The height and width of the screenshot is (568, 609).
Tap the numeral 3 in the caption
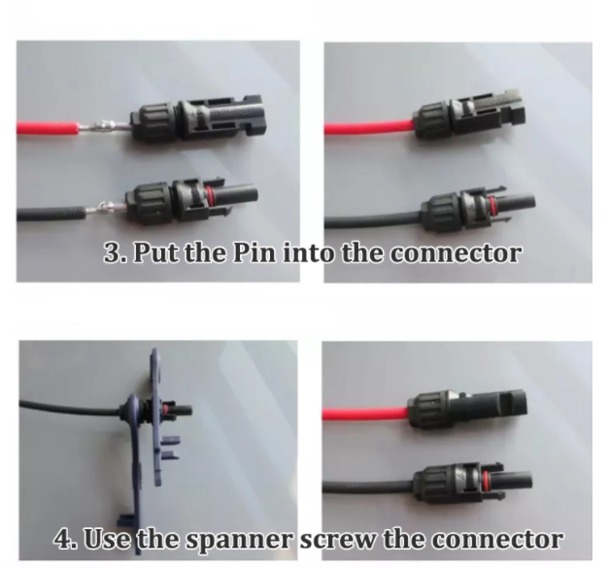coord(113,252)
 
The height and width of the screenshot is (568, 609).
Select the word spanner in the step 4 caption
coord(239,540)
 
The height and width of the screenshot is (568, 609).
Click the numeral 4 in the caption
coord(62,538)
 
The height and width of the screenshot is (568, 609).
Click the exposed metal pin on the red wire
coord(104,126)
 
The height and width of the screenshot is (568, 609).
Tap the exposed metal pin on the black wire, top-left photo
coord(106,209)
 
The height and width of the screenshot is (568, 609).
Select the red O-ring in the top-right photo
coord(491,206)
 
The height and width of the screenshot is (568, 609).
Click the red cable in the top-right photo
coord(369,127)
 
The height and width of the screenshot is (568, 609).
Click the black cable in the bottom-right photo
coord(367,486)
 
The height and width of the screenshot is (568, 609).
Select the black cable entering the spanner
coord(70,408)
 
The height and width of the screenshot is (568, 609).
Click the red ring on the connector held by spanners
coord(167,409)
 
